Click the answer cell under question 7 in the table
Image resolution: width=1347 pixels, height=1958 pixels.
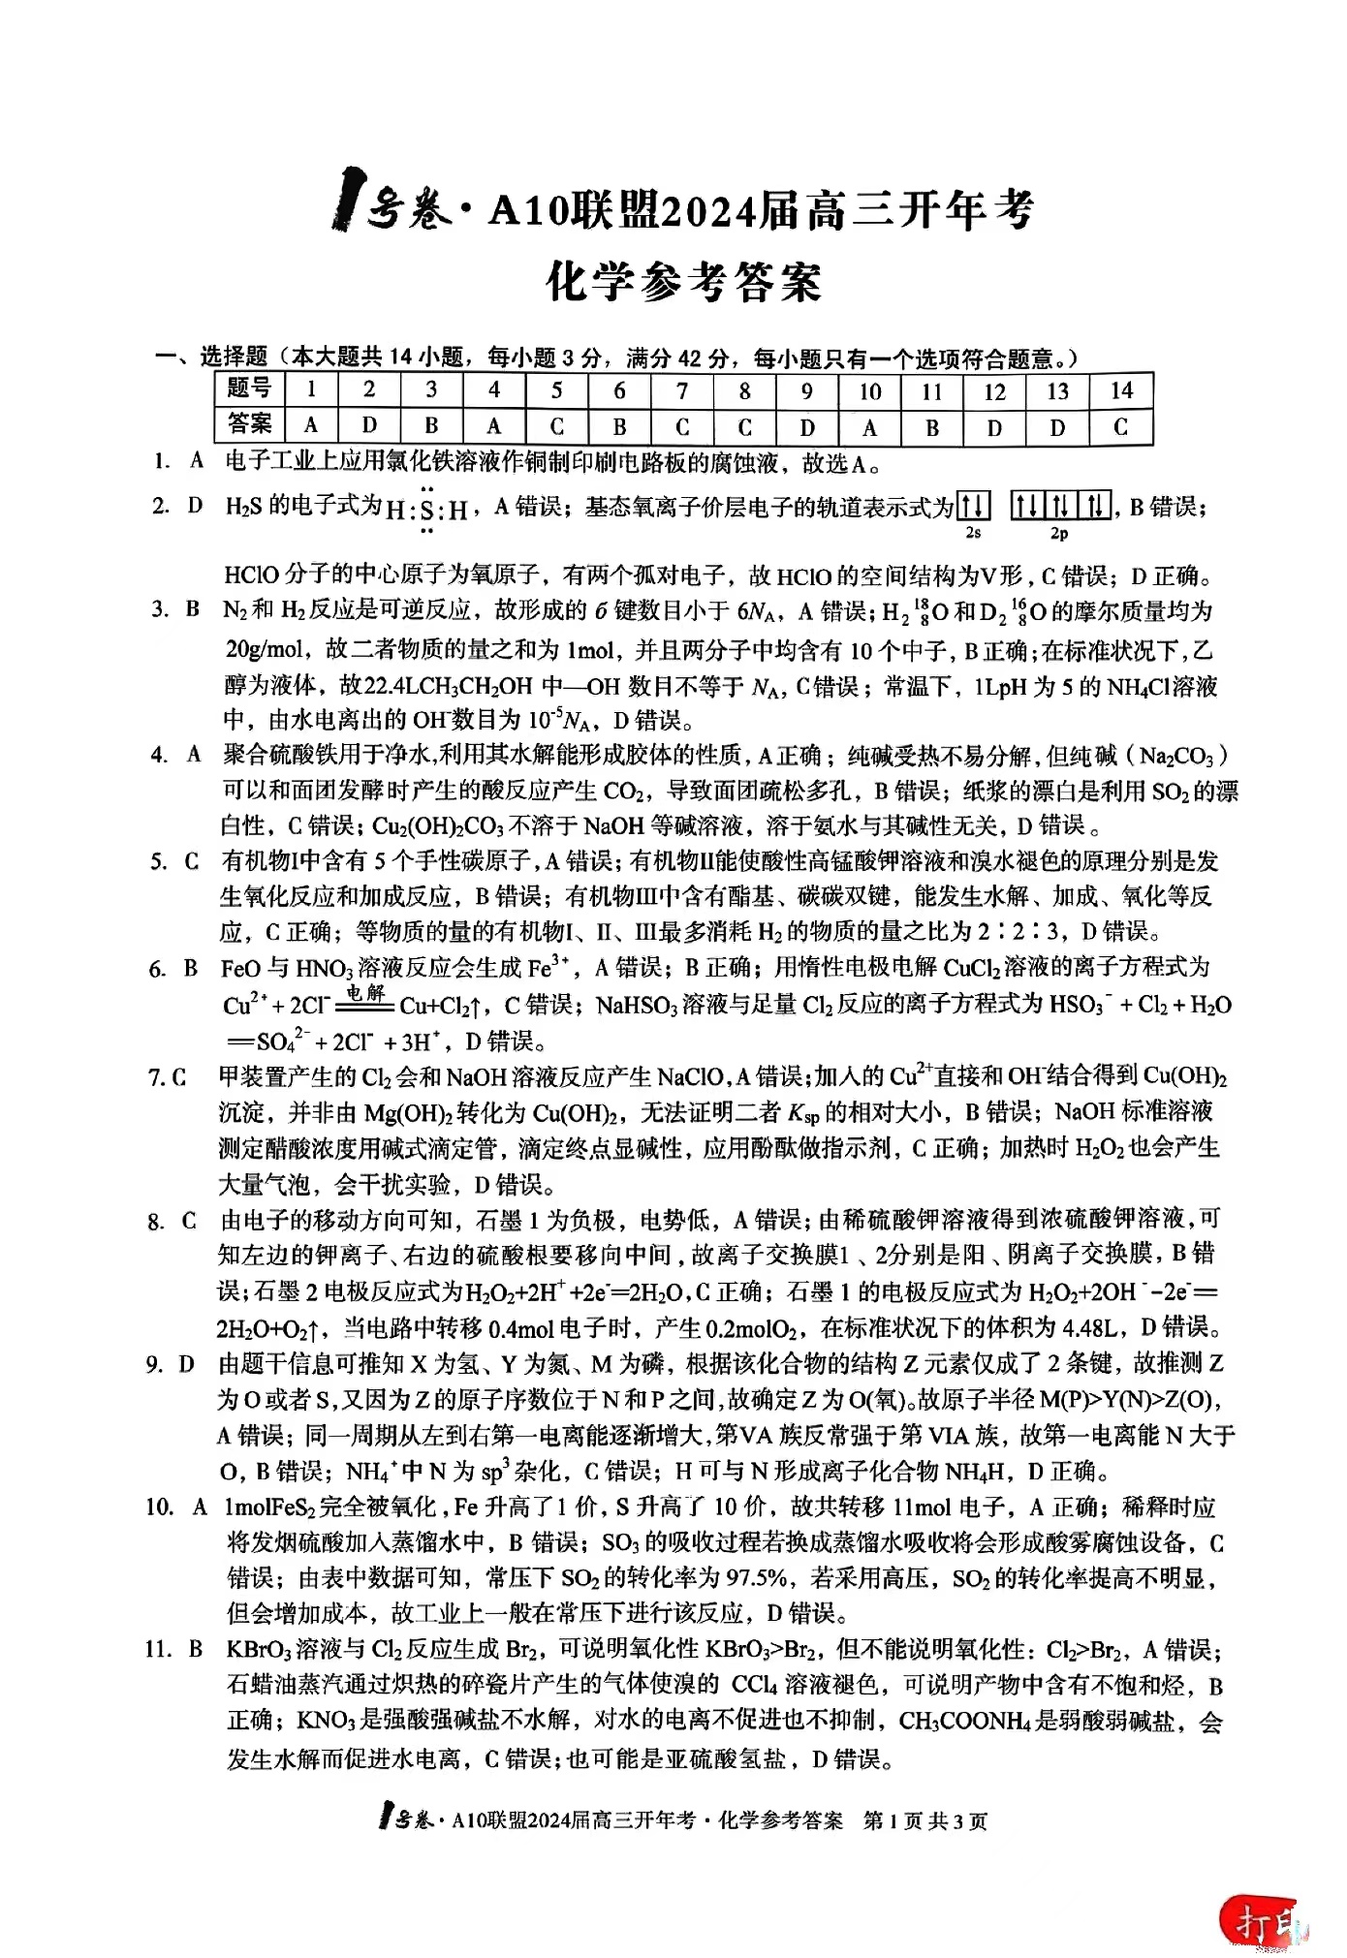tap(682, 426)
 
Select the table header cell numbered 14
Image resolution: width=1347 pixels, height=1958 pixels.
tap(1120, 390)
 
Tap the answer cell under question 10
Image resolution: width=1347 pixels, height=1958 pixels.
tap(869, 426)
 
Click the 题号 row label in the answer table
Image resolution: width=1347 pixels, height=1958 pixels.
tap(249, 388)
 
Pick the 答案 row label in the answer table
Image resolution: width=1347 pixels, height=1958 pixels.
tap(249, 424)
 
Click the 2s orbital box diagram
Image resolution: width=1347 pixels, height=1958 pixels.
tap(973, 506)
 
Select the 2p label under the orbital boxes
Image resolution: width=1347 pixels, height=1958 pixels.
tap(1059, 534)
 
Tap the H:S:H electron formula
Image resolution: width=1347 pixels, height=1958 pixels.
tap(426, 510)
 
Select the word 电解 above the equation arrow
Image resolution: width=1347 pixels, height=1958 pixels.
tap(366, 992)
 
